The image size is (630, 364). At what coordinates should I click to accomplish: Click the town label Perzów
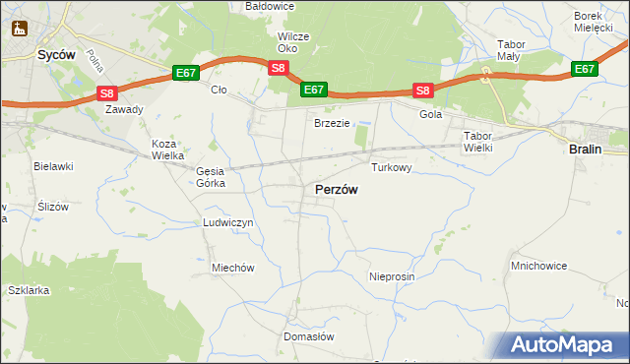(336, 189)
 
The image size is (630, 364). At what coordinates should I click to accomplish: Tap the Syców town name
(56, 56)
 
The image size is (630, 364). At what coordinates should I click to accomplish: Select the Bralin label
(587, 149)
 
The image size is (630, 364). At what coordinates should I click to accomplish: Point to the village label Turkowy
(391, 168)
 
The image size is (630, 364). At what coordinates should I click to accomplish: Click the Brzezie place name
(332, 123)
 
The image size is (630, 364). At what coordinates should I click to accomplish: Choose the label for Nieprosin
(392, 277)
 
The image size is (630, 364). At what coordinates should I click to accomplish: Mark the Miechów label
(233, 268)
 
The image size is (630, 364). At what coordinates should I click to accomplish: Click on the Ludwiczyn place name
(228, 223)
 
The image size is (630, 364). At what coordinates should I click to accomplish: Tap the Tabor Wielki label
(477, 141)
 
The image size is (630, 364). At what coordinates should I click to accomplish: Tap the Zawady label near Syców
(125, 109)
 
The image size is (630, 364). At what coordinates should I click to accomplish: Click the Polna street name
(94, 63)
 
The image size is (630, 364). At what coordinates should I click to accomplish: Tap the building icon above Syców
(17, 29)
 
